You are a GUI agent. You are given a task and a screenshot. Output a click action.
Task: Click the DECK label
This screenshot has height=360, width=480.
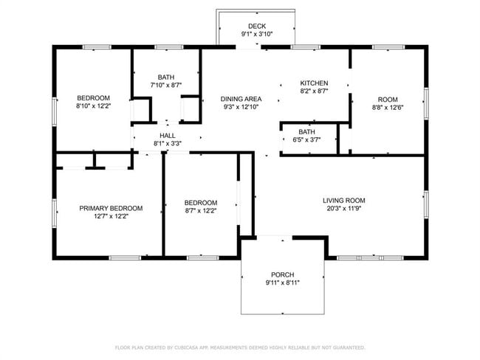click(x=256, y=27)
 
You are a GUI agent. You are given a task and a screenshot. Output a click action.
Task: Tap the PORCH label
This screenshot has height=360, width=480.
click(x=282, y=274)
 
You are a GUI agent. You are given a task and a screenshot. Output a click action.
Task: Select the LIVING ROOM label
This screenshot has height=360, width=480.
click(x=343, y=201)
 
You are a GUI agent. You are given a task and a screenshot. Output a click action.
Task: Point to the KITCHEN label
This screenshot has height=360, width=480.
click(x=314, y=83)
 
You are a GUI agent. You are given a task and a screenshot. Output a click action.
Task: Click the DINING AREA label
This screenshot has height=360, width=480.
click(x=241, y=99)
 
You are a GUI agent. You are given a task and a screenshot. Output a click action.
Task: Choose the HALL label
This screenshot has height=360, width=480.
click(x=168, y=136)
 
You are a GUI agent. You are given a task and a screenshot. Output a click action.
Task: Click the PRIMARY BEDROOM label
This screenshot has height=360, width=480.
click(x=111, y=209)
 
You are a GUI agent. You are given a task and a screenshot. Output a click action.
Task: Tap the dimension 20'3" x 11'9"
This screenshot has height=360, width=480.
click(x=343, y=210)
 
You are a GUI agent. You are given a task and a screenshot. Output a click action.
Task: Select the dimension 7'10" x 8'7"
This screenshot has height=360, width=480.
click(x=165, y=86)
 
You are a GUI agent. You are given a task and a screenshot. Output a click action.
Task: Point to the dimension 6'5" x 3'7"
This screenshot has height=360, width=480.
click(x=306, y=139)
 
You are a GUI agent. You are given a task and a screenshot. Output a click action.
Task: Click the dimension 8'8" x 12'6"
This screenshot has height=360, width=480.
click(x=388, y=108)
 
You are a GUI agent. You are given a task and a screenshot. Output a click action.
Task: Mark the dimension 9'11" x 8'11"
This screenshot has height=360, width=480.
click(x=282, y=283)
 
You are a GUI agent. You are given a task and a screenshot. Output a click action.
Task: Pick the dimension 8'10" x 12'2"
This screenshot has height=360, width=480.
click(x=94, y=106)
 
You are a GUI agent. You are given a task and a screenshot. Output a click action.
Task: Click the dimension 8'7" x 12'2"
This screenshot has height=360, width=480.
click(x=201, y=211)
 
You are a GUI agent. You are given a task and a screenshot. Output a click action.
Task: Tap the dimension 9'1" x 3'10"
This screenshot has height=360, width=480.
click(x=256, y=35)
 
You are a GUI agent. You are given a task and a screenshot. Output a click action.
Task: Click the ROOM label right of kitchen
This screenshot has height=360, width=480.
click(x=388, y=100)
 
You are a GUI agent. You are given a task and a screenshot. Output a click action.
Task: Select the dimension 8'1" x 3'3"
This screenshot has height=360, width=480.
click(x=168, y=144)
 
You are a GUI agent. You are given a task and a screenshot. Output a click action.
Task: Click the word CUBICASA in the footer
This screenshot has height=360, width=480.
click(x=192, y=347)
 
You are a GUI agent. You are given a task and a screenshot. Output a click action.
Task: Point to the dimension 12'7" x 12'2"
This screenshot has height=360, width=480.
click(x=111, y=218)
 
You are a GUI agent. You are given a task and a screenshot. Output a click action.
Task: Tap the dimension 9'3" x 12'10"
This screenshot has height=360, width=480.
click(x=241, y=108)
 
